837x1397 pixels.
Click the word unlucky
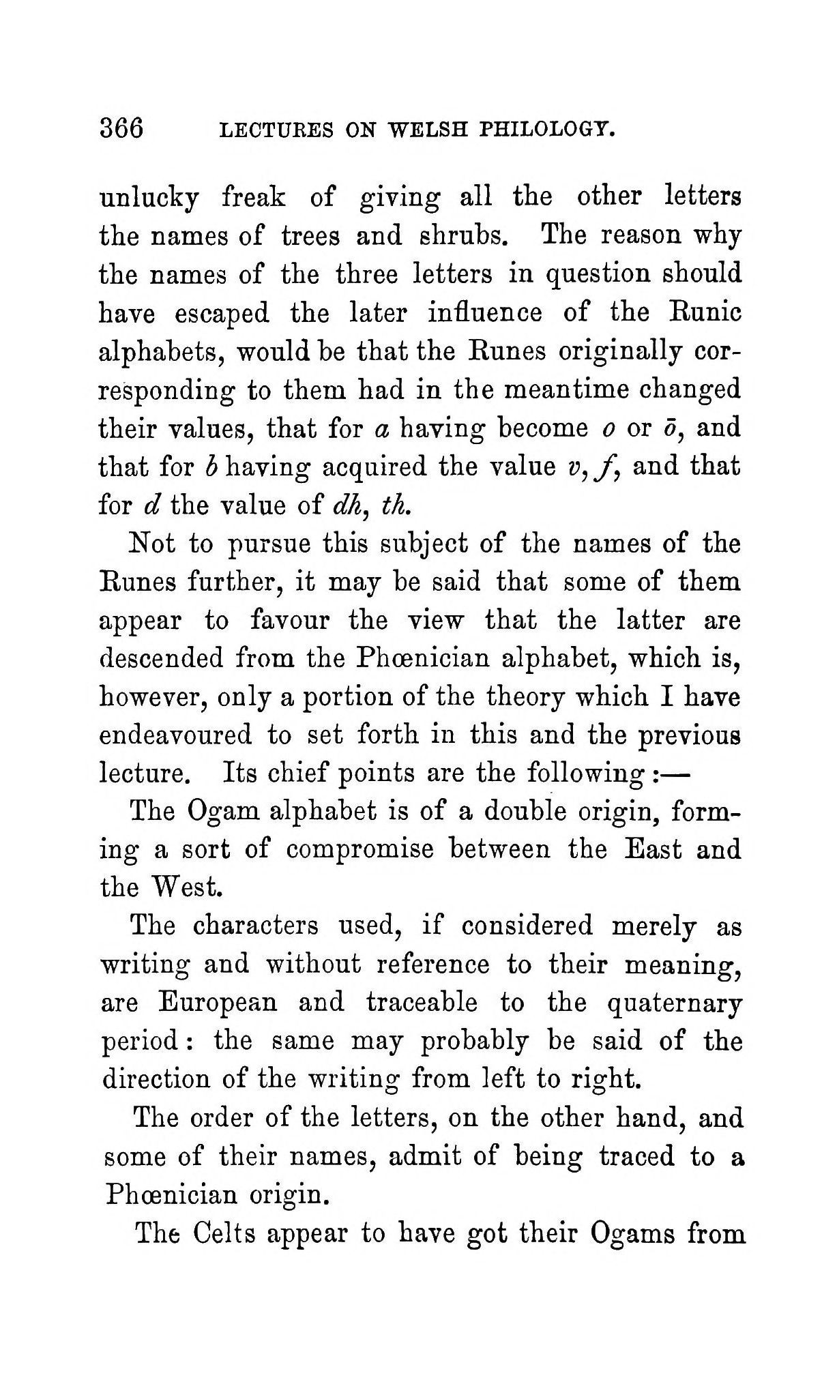[x=149, y=198]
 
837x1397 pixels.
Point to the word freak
[x=251, y=197]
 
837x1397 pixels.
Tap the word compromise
[x=359, y=850]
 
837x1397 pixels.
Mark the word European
[x=218, y=1003]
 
